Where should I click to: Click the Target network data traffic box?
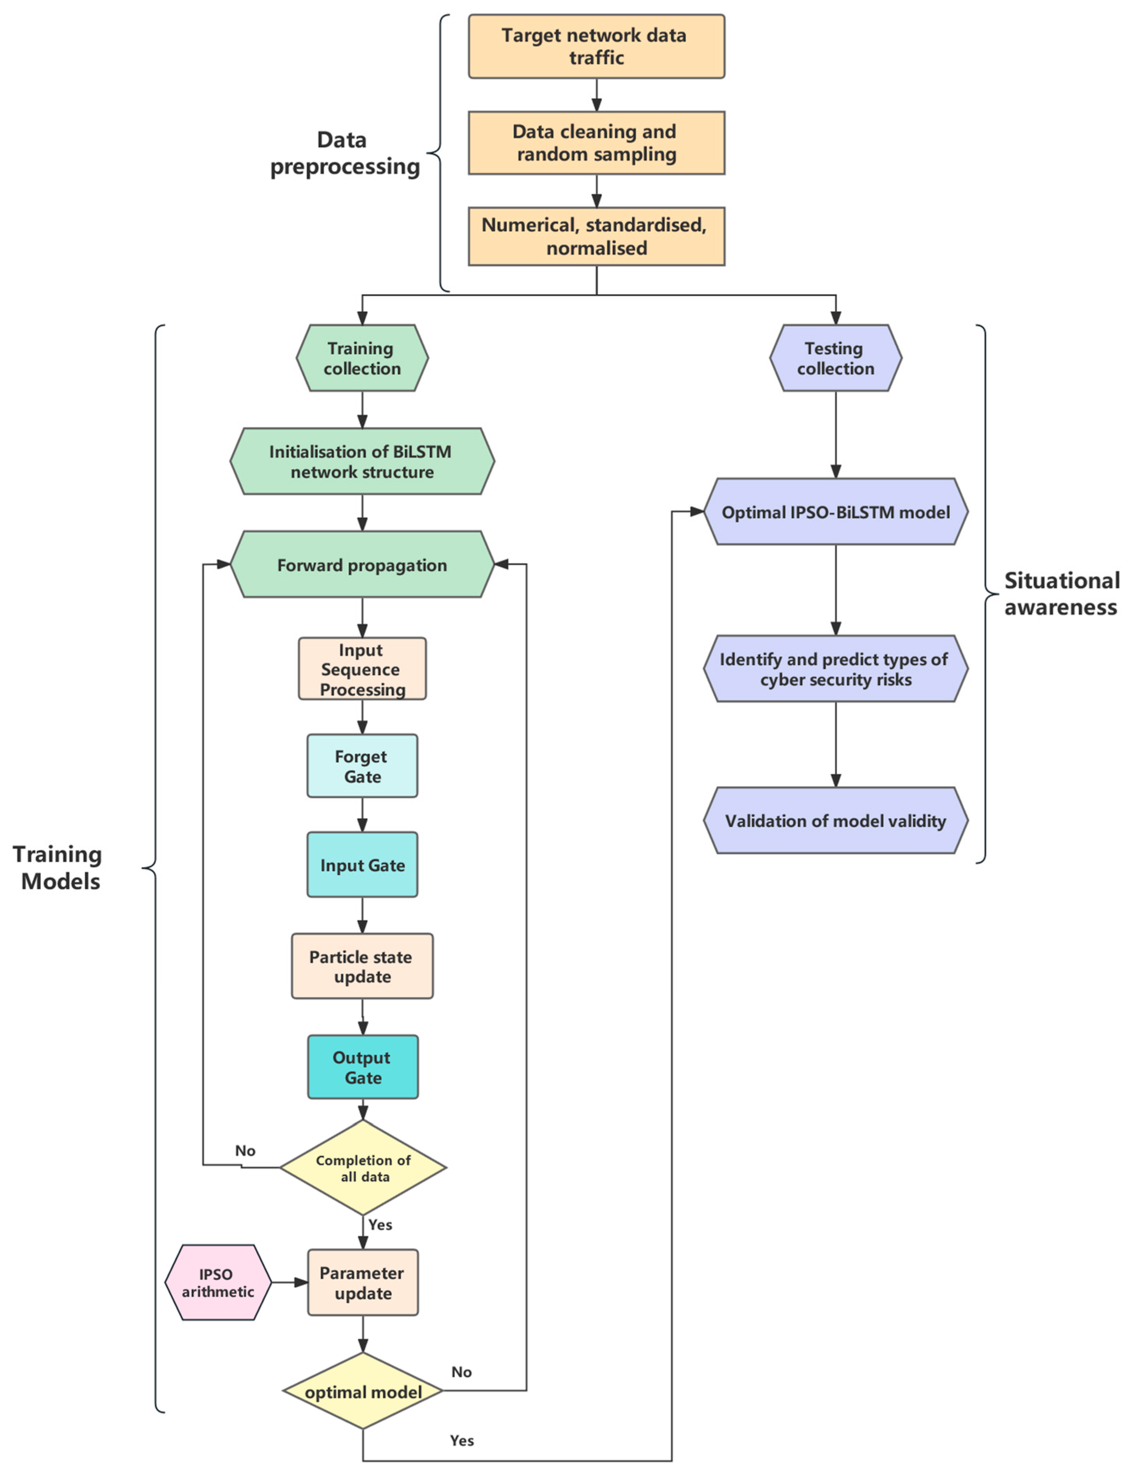click(x=596, y=46)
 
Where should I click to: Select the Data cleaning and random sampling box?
click(x=596, y=142)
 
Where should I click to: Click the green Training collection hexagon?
click(x=362, y=358)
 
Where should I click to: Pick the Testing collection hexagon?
click(x=835, y=358)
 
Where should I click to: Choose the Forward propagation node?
click(x=362, y=564)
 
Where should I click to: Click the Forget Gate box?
click(x=362, y=766)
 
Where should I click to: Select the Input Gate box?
click(x=362, y=865)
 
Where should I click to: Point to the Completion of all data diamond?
click(x=363, y=1167)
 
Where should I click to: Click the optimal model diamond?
click(x=363, y=1391)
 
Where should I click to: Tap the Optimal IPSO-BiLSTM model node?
click(x=835, y=512)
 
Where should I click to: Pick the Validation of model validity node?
click(x=835, y=820)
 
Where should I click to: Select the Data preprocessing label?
click(x=344, y=153)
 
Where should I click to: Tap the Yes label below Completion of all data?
click(x=380, y=1224)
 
